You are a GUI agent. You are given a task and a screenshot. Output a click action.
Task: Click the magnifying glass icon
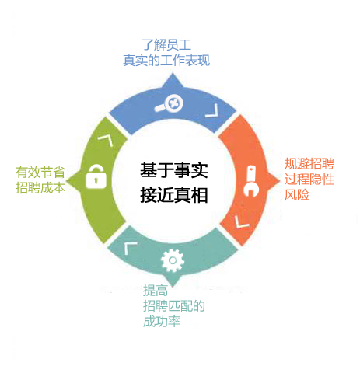[169, 104]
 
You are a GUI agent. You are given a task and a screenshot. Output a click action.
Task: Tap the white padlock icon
[96, 176]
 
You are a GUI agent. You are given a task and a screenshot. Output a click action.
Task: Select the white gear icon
[173, 260]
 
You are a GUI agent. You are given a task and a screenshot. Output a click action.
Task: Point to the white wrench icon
[251, 181]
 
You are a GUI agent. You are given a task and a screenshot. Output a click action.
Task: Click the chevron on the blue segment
[212, 110]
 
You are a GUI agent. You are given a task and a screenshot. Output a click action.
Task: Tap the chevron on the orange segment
[241, 222]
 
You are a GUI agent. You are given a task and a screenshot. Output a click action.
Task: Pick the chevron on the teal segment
[130, 249]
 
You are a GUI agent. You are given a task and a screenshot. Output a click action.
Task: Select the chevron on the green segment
[106, 141]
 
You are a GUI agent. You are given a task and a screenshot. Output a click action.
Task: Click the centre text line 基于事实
[174, 170]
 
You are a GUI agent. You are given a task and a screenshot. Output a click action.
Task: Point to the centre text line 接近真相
[174, 195]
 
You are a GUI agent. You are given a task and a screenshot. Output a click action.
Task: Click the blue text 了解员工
[166, 45]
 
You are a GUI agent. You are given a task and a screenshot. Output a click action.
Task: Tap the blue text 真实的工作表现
[166, 61]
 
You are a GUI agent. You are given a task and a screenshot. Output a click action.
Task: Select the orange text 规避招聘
[309, 163]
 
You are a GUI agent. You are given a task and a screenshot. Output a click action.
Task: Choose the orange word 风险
[297, 195]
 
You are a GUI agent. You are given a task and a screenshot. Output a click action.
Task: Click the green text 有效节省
[40, 173]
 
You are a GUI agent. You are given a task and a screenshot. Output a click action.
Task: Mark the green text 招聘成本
[40, 188]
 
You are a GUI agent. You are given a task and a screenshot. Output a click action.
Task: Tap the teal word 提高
[156, 291]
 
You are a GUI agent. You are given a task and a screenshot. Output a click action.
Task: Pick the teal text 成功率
[162, 322]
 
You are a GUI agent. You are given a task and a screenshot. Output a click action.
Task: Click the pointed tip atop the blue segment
[173, 74]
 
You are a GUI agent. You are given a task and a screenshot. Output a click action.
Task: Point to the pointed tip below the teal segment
[173, 286]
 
